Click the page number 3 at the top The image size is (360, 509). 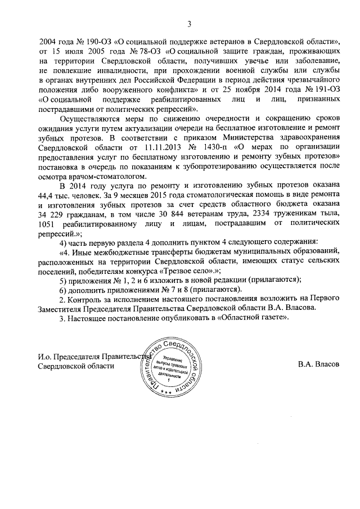(190, 24)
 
